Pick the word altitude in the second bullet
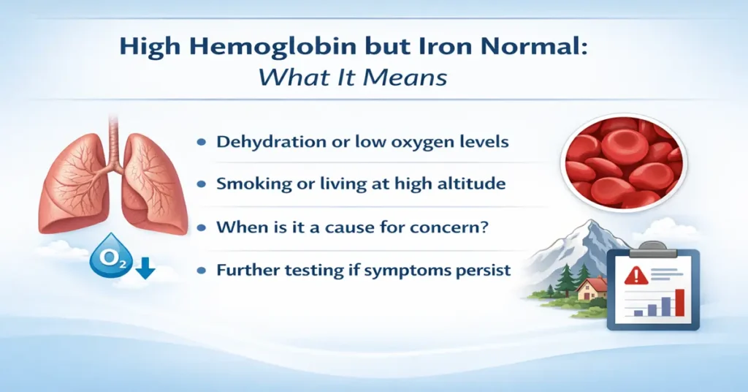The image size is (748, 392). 470,184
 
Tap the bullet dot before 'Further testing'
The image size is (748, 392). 201,271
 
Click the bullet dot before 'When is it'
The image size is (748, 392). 201,227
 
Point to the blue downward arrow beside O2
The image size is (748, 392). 145,269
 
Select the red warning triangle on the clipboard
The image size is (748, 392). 637,276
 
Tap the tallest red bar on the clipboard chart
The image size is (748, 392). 679,301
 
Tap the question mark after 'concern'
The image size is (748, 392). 482,227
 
